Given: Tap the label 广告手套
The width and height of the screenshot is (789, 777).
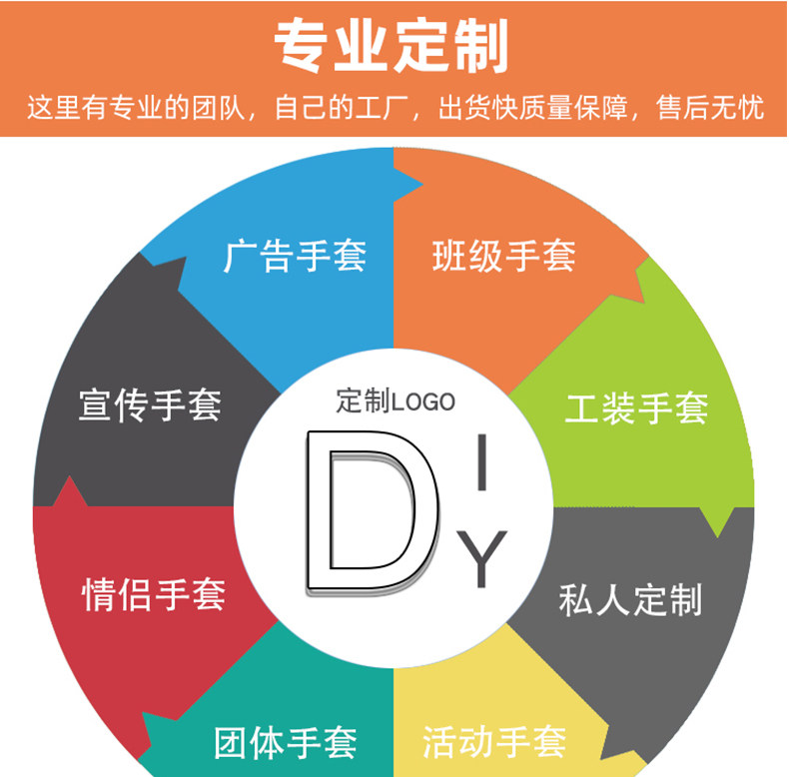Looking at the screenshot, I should click(x=294, y=257).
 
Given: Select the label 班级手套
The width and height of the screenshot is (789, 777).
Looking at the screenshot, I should click(x=503, y=257).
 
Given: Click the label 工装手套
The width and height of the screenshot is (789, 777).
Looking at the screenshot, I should click(x=636, y=407).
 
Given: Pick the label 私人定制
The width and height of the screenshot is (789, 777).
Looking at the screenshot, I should click(x=630, y=599).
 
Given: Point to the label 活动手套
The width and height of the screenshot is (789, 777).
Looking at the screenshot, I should click(x=494, y=742).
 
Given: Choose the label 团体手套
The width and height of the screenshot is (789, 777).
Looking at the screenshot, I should click(x=286, y=743).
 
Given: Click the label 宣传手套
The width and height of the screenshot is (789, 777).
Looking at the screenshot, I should click(x=150, y=405).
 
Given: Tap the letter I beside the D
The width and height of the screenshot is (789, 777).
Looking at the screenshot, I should click(x=482, y=463).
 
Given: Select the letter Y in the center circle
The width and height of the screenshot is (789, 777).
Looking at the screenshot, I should click(x=482, y=558).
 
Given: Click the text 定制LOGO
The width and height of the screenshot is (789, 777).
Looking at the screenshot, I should click(x=395, y=401).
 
